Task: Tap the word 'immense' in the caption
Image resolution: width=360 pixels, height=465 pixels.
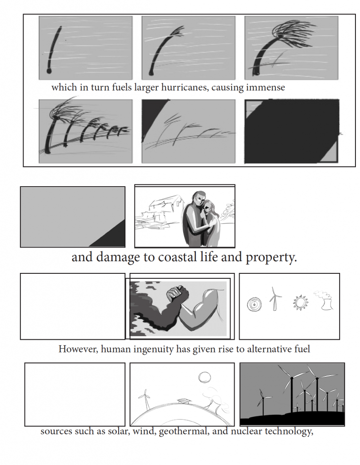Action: click(265, 87)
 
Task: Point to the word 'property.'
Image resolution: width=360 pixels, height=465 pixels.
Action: click(271, 258)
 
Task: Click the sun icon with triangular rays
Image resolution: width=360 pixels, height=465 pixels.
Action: click(300, 302)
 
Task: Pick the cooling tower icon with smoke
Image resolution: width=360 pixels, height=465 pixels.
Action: click(326, 302)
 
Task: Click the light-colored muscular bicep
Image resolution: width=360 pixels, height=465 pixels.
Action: click(204, 304)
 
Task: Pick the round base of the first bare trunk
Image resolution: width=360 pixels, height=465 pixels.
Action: click(49, 71)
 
